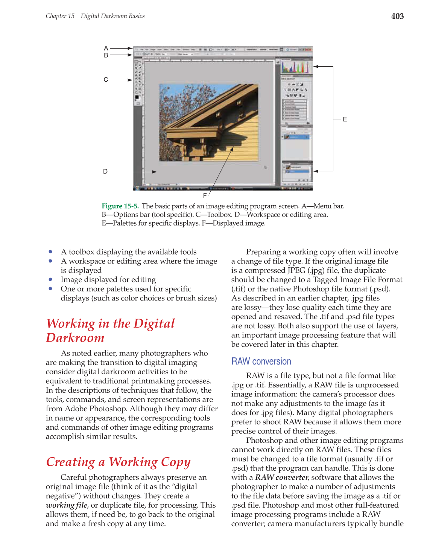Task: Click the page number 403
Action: (x=397, y=16)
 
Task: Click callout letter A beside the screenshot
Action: (x=106, y=48)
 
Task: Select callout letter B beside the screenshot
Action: (x=106, y=55)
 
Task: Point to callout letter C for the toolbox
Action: (x=106, y=80)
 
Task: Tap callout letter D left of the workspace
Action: (x=105, y=171)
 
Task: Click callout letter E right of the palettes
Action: (x=345, y=119)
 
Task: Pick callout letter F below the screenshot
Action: (x=205, y=195)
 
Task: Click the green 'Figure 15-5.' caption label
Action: (x=120, y=206)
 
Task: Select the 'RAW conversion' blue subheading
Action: (x=261, y=361)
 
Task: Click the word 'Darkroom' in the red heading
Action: (x=75, y=338)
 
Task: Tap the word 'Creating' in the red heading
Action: (x=71, y=462)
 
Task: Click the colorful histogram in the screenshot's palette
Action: (x=295, y=67)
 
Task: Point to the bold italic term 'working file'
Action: (x=66, y=505)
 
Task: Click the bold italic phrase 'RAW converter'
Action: (x=282, y=477)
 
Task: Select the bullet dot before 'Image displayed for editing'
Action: (x=50, y=279)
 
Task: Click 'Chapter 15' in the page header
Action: (x=60, y=16)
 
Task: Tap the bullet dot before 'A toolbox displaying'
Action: (x=50, y=252)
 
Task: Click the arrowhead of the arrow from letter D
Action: (x=155, y=172)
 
